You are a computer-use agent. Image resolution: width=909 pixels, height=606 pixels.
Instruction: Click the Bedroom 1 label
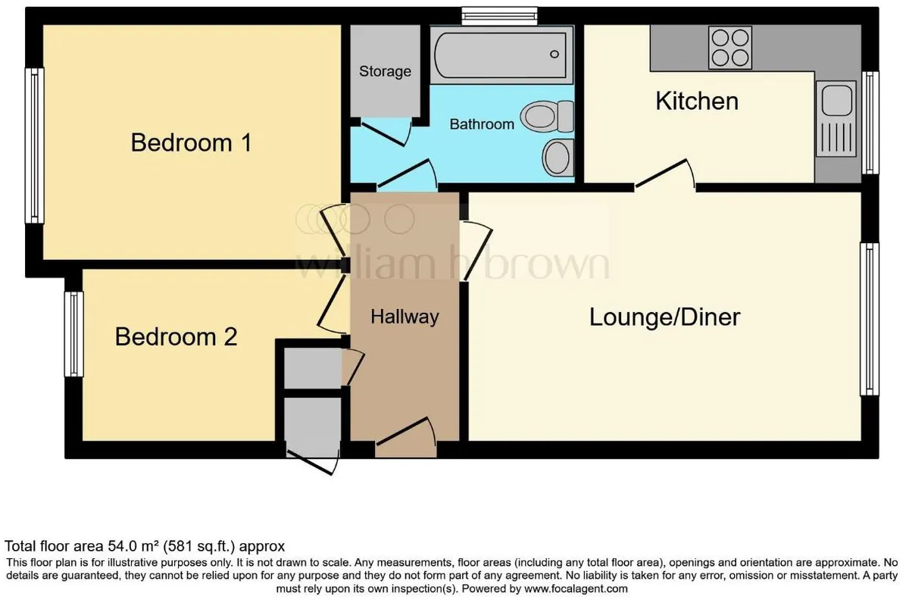click(x=191, y=143)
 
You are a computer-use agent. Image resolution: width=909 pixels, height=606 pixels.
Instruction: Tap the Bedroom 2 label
click(x=176, y=337)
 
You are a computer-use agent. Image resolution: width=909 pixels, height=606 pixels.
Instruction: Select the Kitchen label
click(x=697, y=101)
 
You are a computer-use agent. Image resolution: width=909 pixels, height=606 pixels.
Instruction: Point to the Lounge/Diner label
click(x=665, y=317)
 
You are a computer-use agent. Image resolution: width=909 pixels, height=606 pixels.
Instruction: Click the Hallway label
click(x=405, y=317)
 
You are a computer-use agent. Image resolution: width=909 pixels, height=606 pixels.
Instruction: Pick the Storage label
click(x=385, y=71)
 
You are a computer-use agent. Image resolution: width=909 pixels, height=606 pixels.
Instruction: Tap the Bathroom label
click(x=482, y=123)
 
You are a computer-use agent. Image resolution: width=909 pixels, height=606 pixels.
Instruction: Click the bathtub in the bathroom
click(x=501, y=55)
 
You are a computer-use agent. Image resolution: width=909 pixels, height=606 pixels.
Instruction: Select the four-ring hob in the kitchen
click(x=730, y=48)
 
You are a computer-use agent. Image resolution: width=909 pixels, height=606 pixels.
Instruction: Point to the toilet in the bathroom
click(x=547, y=117)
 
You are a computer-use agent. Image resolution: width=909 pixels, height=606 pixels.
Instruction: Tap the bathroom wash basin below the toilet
click(x=558, y=158)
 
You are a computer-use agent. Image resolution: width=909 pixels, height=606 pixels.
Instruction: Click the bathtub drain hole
click(x=554, y=54)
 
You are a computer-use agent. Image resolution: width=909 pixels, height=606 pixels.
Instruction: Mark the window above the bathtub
click(x=499, y=16)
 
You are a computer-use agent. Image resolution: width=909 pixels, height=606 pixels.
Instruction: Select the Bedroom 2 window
click(x=74, y=334)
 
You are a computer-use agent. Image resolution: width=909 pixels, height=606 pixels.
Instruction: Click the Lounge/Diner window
click(x=870, y=319)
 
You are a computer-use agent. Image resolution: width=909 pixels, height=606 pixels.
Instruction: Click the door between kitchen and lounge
click(x=666, y=174)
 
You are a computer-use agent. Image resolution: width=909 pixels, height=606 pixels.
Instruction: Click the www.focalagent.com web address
click(x=576, y=589)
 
